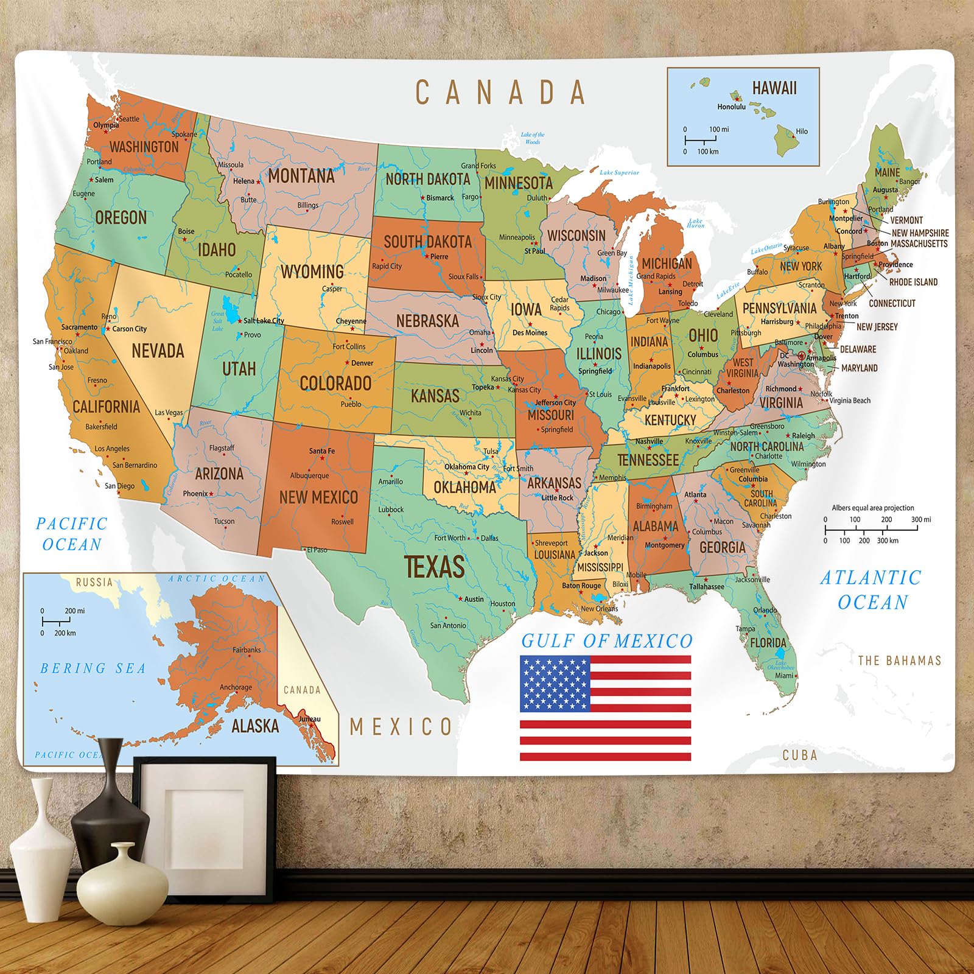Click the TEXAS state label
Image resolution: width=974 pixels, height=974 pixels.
435,566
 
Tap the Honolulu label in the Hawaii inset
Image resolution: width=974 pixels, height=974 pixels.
731,107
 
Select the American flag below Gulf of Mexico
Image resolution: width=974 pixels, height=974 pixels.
605,708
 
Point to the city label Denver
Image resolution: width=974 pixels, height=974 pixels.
362,363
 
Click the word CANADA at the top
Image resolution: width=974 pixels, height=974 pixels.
500,93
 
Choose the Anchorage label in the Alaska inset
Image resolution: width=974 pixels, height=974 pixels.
236,687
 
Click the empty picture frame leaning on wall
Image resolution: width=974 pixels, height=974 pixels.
205,816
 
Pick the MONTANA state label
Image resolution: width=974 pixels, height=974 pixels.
301,176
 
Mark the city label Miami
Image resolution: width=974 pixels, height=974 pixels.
784,675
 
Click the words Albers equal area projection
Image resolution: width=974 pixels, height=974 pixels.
873,508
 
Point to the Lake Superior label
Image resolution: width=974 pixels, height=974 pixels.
619,172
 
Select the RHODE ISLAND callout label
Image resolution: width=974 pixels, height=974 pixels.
913,282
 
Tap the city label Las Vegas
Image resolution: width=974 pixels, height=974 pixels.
169,412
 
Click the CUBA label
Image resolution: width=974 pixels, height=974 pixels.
799,755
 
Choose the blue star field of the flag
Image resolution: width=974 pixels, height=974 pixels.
555,684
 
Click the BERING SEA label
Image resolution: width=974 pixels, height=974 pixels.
93,668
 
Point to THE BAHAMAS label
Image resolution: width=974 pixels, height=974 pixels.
899,660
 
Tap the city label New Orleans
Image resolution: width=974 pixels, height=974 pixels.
599,608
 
